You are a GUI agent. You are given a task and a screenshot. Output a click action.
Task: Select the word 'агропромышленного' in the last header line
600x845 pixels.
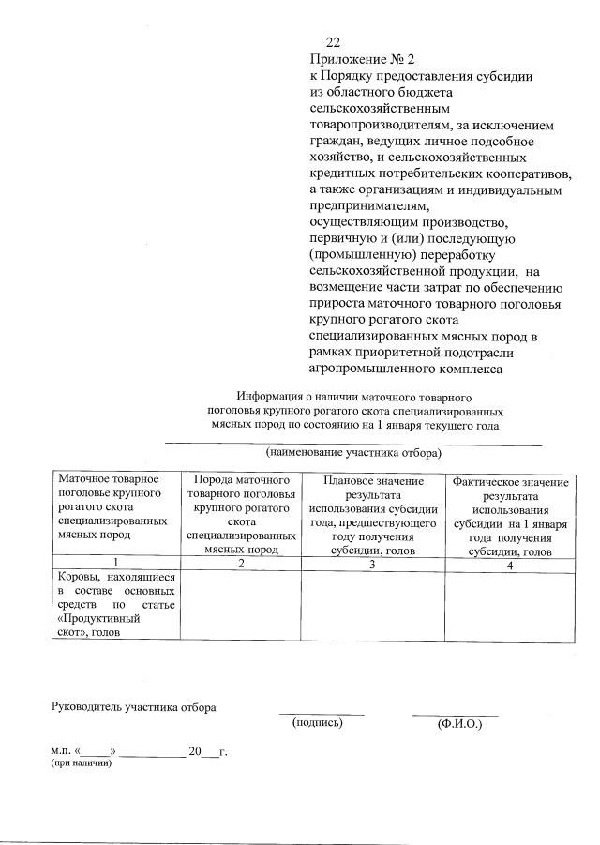367,369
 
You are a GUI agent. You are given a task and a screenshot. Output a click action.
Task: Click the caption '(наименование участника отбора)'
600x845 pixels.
353,453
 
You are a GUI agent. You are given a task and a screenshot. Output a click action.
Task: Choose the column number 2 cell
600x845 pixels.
241,563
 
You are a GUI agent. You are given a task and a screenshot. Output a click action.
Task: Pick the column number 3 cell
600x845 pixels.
372,564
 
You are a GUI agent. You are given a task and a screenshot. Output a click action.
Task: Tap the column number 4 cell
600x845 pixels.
510,564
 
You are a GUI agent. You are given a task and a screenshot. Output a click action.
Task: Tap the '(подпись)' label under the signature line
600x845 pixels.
318,723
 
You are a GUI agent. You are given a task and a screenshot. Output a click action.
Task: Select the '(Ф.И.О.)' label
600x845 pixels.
458,725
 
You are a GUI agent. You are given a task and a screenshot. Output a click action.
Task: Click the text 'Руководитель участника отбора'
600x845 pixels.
133,706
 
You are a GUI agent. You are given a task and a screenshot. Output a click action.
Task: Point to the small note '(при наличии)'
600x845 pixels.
82,764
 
